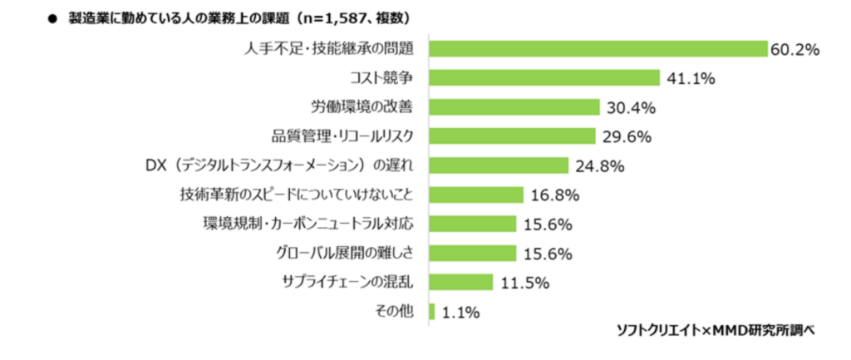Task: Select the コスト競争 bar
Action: [544, 78]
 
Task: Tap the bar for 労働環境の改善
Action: [514, 107]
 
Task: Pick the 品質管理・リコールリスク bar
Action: [512, 136]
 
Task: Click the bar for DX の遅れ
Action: [499, 165]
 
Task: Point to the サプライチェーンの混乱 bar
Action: [461, 282]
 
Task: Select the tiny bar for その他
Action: [432, 311]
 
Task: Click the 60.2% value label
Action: [794, 50]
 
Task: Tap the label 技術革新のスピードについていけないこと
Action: [297, 195]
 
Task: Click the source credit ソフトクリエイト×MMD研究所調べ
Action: [715, 330]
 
